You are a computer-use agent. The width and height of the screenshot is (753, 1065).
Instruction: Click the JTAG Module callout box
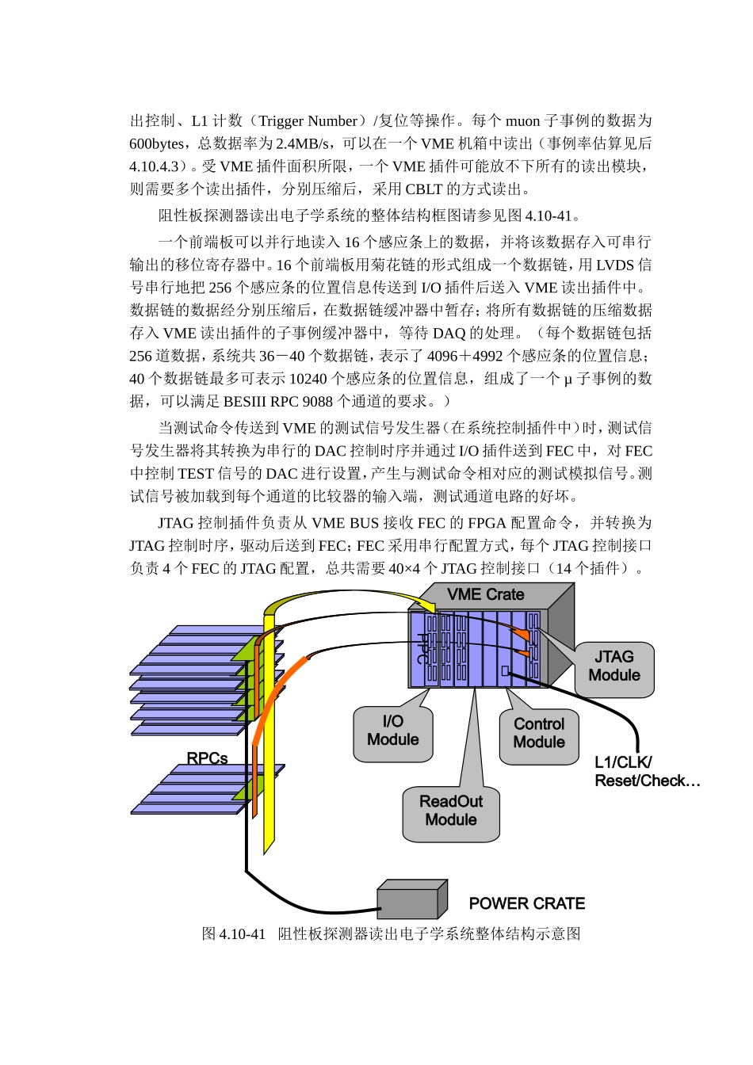pyautogui.click(x=614, y=666)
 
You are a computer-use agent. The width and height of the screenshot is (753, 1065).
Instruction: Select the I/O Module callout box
pyautogui.click(x=393, y=731)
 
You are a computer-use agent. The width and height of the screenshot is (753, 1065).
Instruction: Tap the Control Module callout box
pyautogui.click(x=539, y=734)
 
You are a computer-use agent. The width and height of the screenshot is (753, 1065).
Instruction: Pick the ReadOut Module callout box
pyautogui.click(x=451, y=811)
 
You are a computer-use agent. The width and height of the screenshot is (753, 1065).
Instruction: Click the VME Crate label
pyautogui.click(x=485, y=594)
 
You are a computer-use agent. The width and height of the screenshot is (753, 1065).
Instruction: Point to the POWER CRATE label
pyautogui.click(x=527, y=904)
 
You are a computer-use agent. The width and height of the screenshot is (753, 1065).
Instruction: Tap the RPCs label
pyautogui.click(x=207, y=758)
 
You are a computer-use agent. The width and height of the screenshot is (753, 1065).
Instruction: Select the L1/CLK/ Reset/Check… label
pyautogui.click(x=646, y=772)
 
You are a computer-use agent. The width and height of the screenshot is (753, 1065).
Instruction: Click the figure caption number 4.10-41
pyautogui.click(x=243, y=934)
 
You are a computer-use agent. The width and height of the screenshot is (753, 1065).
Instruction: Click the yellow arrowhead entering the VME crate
pyautogui.click(x=430, y=608)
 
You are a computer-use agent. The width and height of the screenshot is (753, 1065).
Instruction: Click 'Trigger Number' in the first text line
pyautogui.click(x=308, y=121)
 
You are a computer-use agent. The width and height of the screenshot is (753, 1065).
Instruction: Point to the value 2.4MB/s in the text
pyautogui.click(x=305, y=144)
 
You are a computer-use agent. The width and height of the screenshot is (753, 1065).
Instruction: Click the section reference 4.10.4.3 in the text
pyautogui.click(x=159, y=167)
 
